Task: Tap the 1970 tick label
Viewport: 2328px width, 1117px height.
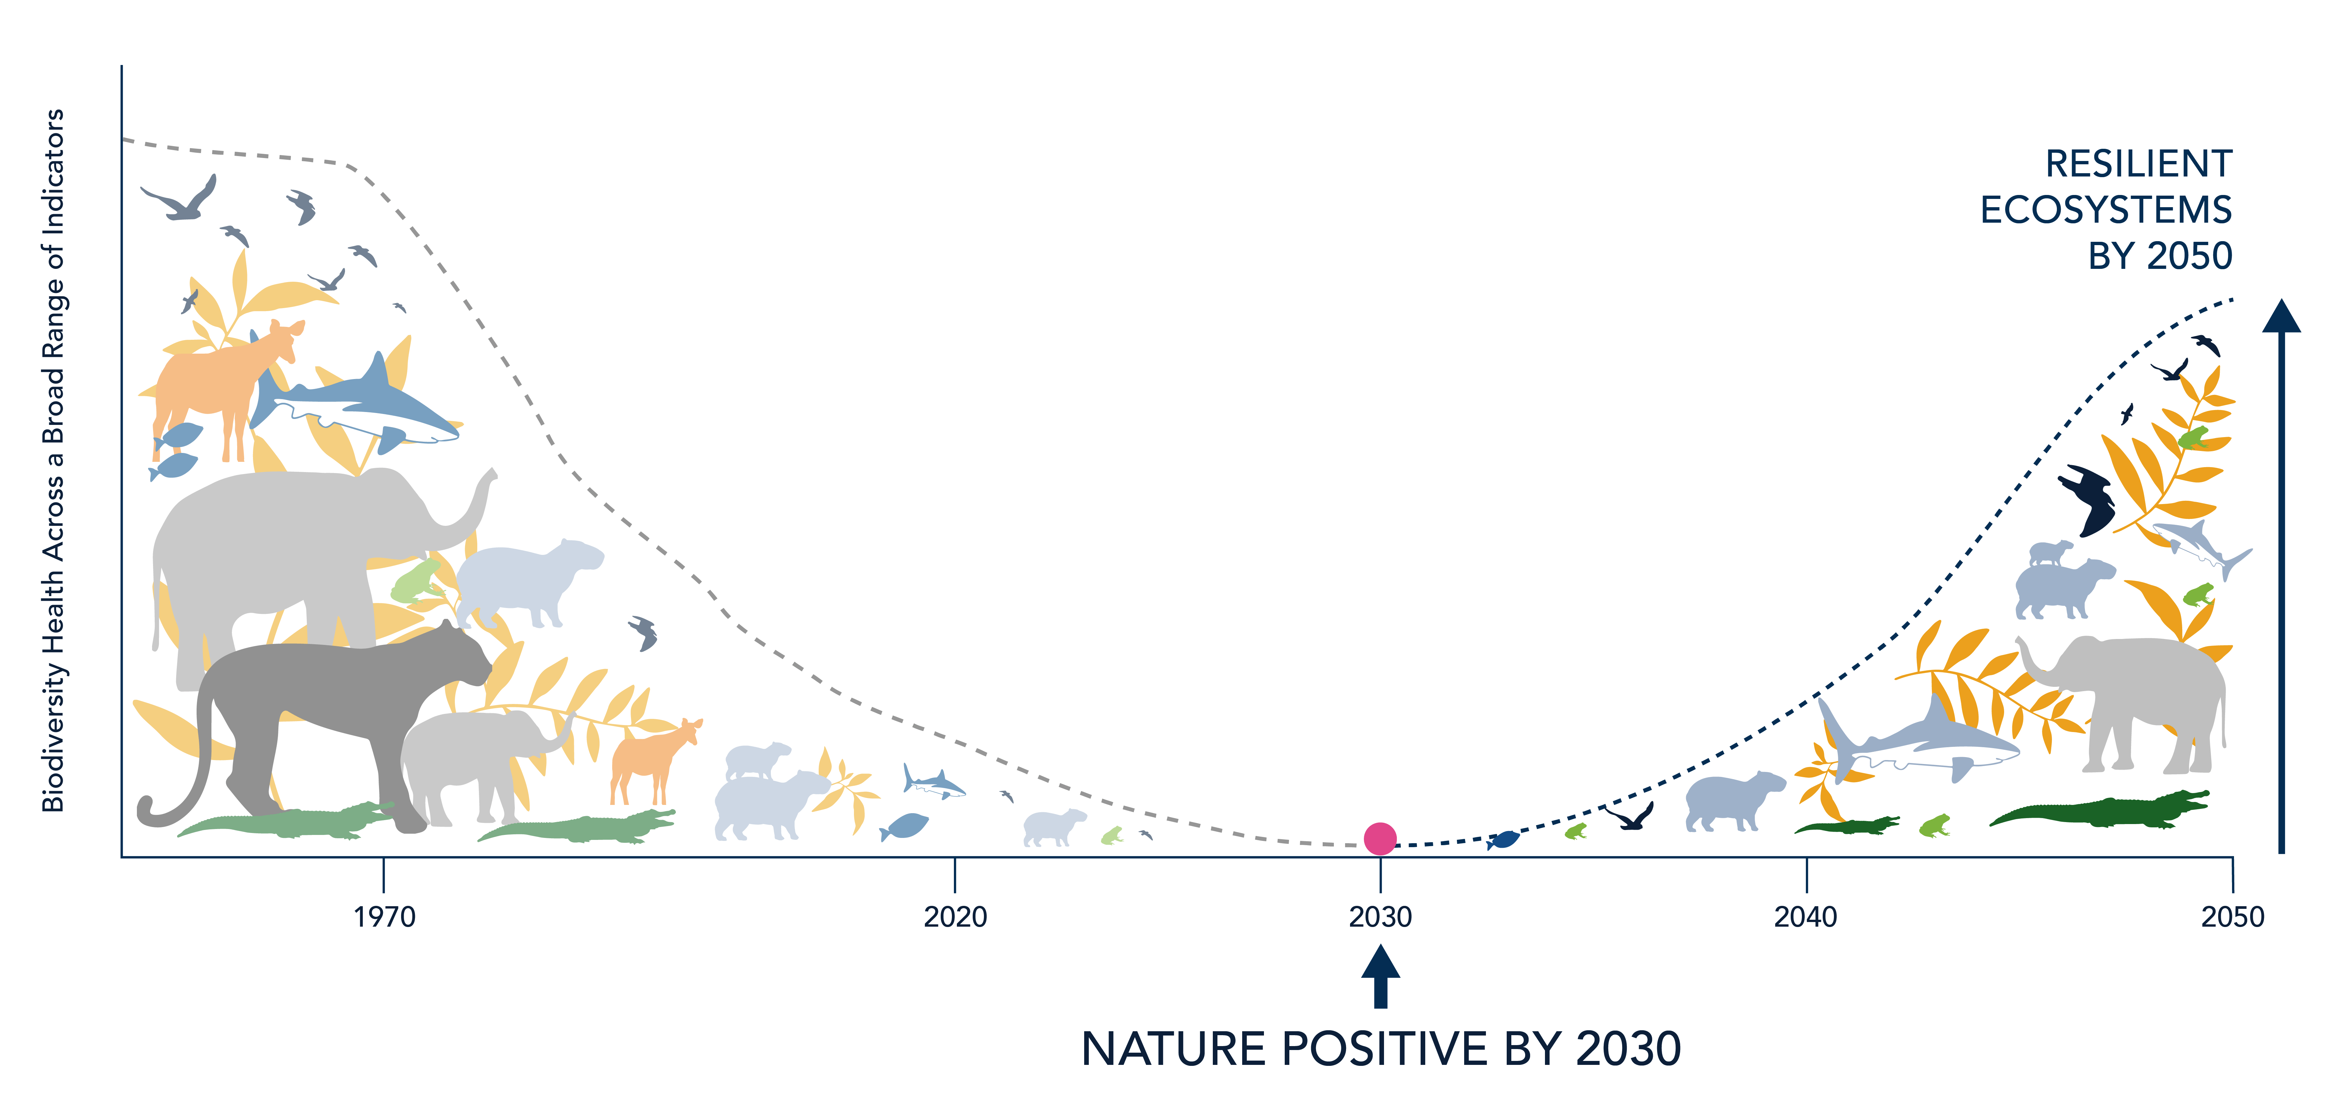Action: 384,917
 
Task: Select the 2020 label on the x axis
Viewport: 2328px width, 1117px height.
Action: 955,917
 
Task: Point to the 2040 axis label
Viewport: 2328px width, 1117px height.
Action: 1806,917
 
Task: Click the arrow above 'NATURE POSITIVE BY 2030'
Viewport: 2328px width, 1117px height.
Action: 1380,976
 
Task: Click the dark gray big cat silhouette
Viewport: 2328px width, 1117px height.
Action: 316,723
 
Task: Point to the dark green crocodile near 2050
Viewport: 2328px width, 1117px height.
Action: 2098,809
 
